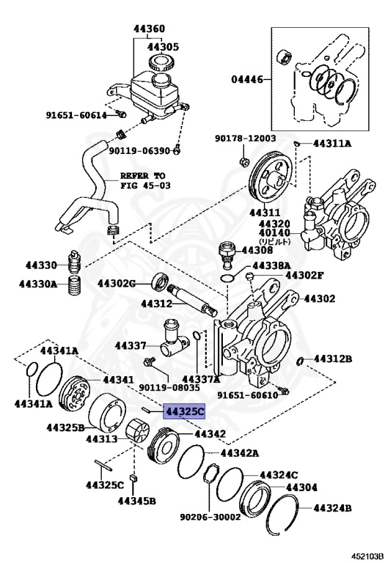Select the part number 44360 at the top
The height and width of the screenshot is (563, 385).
click(x=149, y=30)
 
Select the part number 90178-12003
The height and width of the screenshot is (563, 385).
click(x=245, y=138)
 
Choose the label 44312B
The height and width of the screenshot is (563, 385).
click(x=332, y=358)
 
